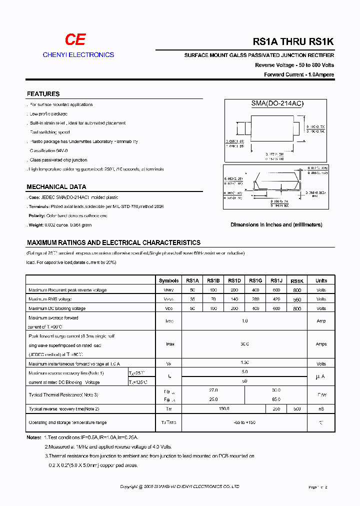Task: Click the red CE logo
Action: coord(76,40)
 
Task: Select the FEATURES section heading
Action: coord(43,94)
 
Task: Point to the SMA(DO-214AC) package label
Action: coord(277,103)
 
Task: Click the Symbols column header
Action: coord(168,280)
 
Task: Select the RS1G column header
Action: coord(255,280)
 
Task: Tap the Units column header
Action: coord(321,280)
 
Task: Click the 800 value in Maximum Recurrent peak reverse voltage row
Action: coord(297,290)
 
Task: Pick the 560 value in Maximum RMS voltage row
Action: coord(297,299)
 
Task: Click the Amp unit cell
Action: coord(321,321)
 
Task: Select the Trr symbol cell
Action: coord(168,409)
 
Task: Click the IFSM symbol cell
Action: coord(168,344)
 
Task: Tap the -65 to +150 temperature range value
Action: coord(244,422)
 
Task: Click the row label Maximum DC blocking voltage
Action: coord(57,308)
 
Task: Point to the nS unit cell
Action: coord(321,409)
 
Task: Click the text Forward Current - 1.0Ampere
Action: coord(299,74)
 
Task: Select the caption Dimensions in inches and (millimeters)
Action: coord(276,225)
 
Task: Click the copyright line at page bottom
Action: coord(179,486)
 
